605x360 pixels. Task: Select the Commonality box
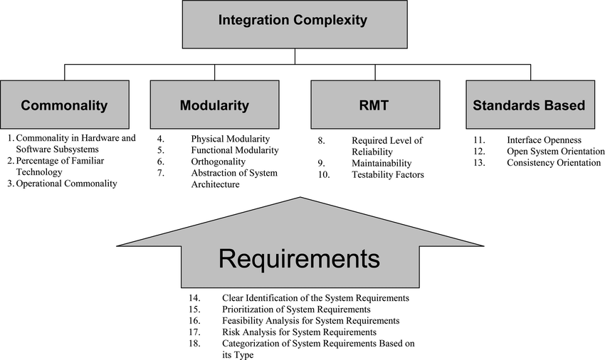(64, 105)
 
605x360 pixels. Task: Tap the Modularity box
(214, 105)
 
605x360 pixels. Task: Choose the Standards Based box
(528, 105)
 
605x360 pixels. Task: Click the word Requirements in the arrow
(300, 258)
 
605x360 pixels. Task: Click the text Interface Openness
(544, 140)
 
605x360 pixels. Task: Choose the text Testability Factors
(388, 174)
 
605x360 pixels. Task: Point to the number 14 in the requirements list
(194, 297)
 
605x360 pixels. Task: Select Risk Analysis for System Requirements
(299, 332)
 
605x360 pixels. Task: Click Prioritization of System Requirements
(296, 309)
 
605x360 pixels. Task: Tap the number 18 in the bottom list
(194, 343)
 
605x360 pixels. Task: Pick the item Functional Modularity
(235, 150)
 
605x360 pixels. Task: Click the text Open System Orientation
(555, 152)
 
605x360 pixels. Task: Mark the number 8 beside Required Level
(321, 140)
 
